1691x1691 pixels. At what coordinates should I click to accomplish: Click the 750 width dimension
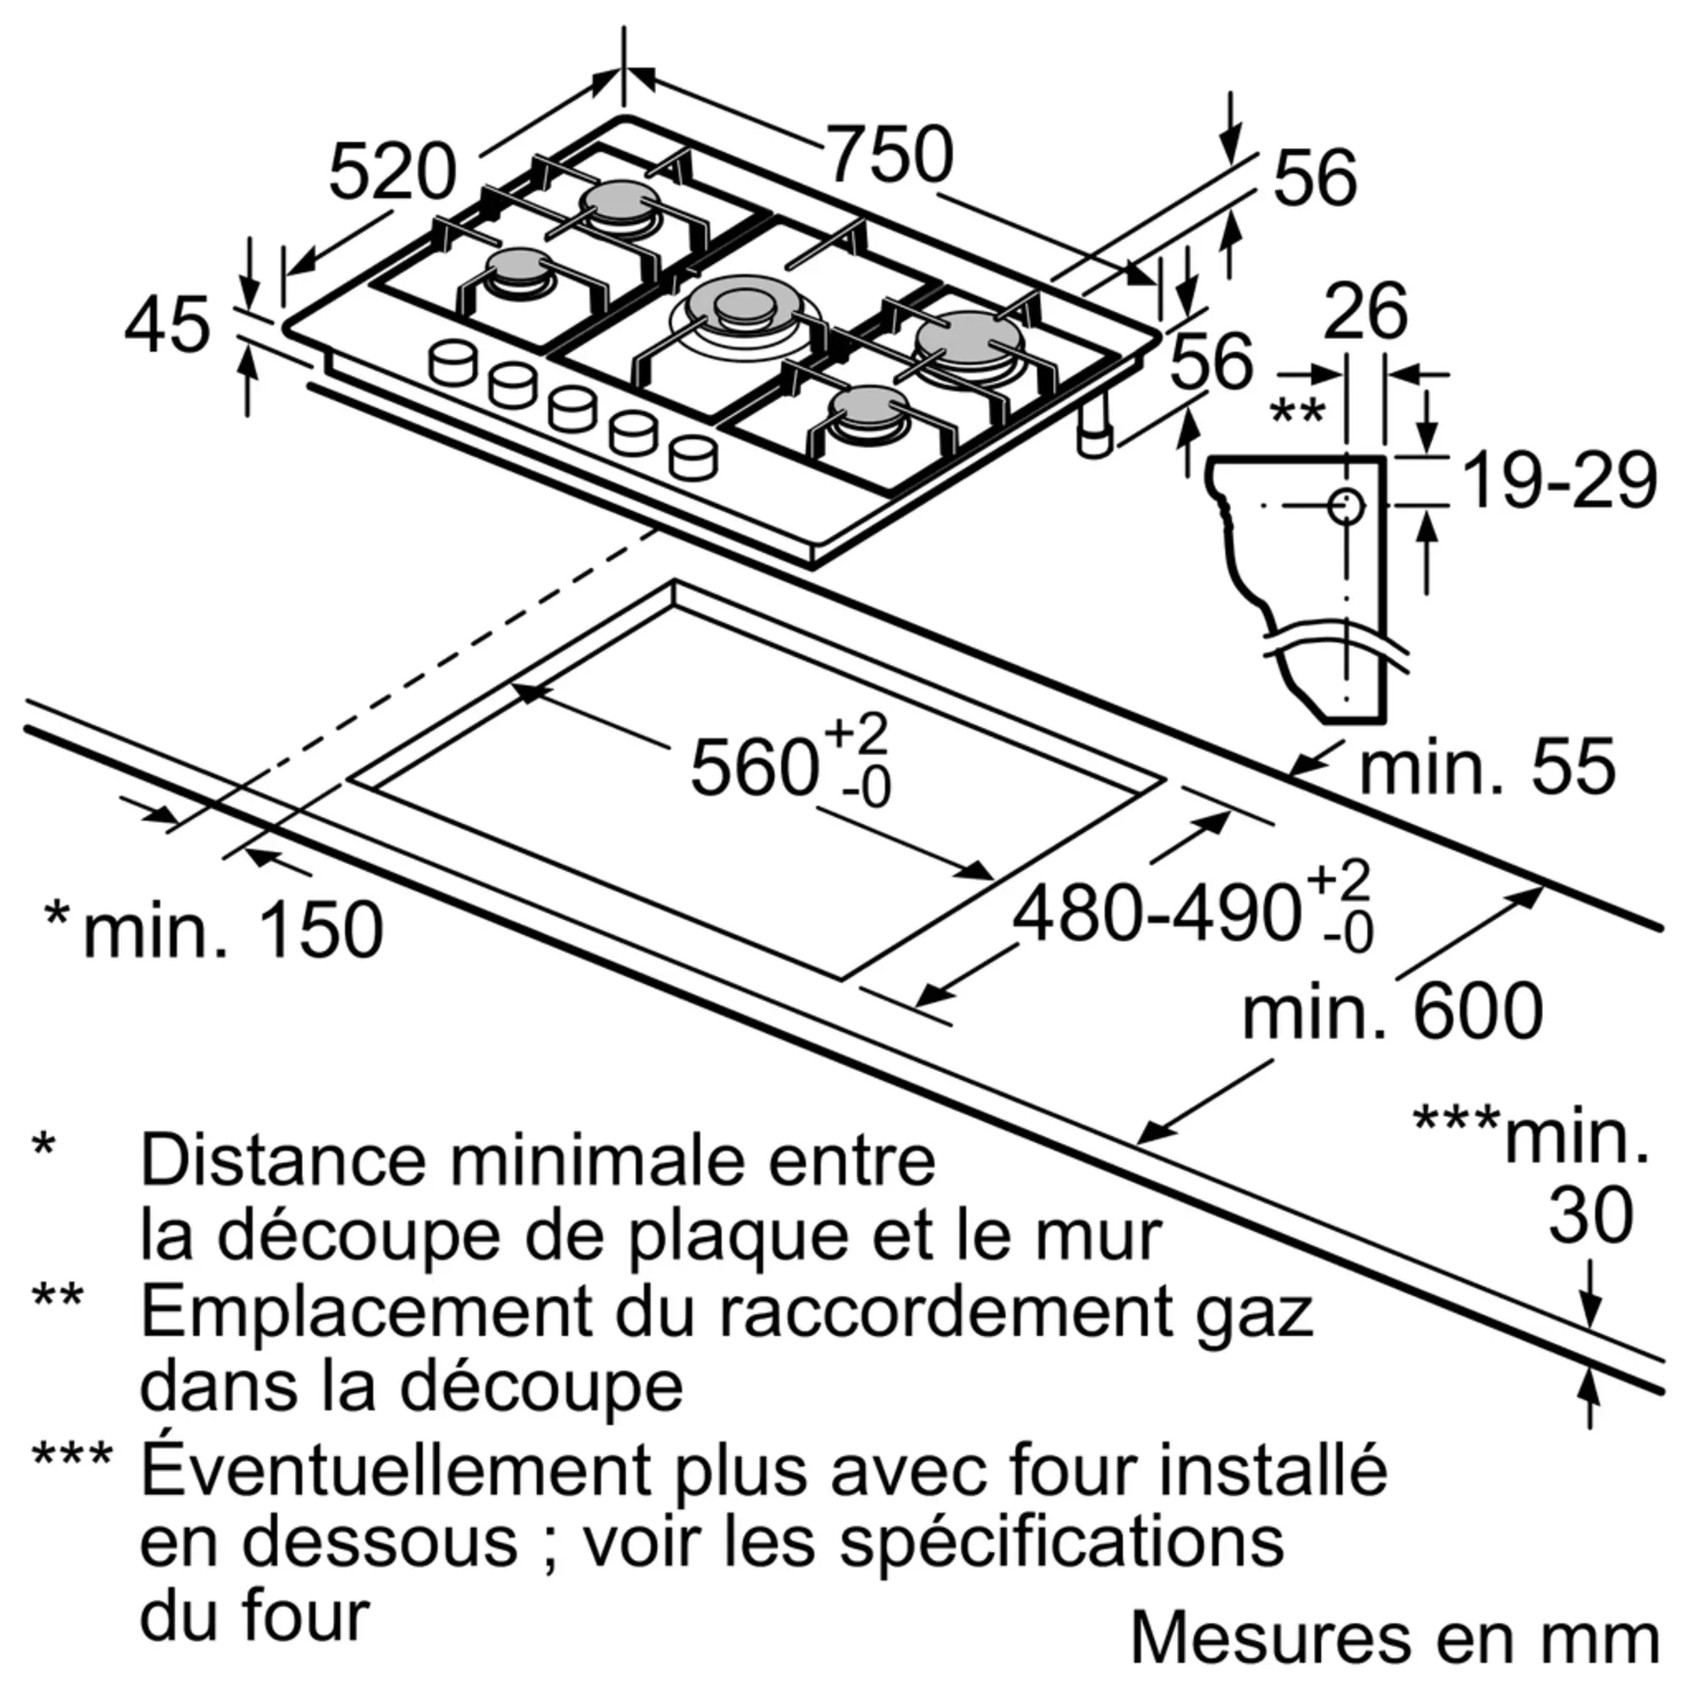889,156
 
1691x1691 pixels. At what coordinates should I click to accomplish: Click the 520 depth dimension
392,173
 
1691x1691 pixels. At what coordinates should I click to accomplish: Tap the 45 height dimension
167,326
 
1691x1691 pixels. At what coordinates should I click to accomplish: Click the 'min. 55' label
1486,768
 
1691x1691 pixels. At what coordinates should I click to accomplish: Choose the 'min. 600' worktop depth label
1393,1012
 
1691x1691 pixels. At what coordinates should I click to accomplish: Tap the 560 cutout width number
754,768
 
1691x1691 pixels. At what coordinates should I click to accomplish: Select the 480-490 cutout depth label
1155,915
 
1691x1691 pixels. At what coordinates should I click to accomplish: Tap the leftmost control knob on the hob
453,361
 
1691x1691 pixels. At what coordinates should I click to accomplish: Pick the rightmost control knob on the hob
693,456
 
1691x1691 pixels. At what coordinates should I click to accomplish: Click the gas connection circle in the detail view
1346,506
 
